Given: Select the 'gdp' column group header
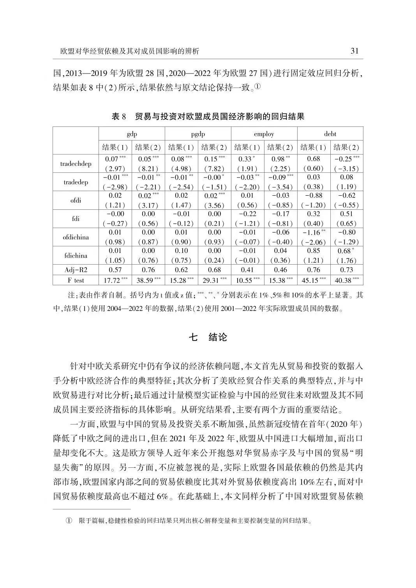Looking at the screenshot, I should (x=132, y=134).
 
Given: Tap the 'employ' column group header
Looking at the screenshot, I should (x=264, y=134).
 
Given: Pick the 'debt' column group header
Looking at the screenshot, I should (x=330, y=134).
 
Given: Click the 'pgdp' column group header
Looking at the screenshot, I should (x=198, y=134).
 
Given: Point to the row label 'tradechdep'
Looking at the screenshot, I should (x=76, y=164).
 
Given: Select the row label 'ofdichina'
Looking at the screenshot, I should (x=76, y=237).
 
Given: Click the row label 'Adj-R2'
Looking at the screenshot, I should (x=76, y=270).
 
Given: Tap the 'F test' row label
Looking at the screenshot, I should (x=76, y=280).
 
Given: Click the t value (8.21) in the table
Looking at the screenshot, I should (x=148, y=169).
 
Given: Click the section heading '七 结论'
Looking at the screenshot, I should (x=208, y=337).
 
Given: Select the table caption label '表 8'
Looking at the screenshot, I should (x=119, y=116).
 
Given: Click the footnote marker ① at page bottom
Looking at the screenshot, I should (x=69, y=521).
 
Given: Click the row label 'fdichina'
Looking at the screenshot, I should (x=76, y=256).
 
